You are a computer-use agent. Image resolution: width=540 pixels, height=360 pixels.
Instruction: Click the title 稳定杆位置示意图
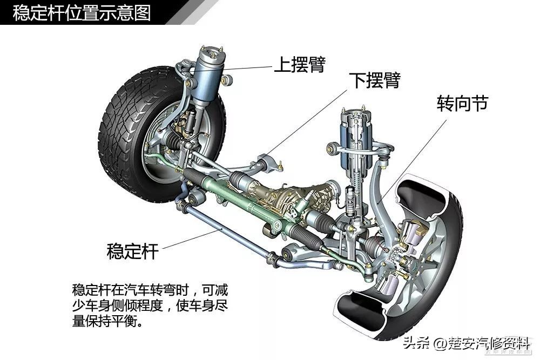pyautogui.click(x=82, y=13)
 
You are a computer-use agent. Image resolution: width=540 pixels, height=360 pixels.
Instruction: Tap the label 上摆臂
pyautogui.click(x=300, y=64)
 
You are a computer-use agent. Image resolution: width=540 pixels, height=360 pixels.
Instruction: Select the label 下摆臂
pyautogui.click(x=375, y=80)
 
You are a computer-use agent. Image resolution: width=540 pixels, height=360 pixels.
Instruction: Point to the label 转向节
pyautogui.click(x=463, y=103)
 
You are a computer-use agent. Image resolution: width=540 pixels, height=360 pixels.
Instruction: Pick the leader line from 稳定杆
pyautogui.click(x=192, y=239)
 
